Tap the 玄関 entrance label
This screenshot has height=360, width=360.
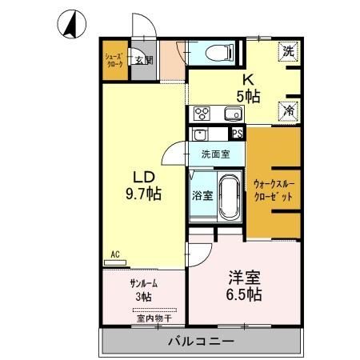click(142, 60)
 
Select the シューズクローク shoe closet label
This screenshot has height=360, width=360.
click(114, 60)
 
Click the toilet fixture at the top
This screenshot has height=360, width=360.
click(218, 53)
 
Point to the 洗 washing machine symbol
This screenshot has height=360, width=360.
click(287, 51)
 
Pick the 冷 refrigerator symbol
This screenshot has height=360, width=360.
click(288, 111)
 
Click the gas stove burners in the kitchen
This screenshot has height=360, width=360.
click(201, 112)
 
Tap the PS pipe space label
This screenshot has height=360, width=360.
click(238, 134)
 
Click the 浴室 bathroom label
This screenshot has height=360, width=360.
click(202, 194)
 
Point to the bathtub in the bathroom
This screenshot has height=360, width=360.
click(229, 195)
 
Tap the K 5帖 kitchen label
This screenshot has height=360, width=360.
click(247, 86)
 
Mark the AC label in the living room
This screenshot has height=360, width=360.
click(114, 254)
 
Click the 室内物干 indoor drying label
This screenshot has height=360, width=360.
click(145, 318)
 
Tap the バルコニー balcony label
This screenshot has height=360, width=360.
click(201, 342)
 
